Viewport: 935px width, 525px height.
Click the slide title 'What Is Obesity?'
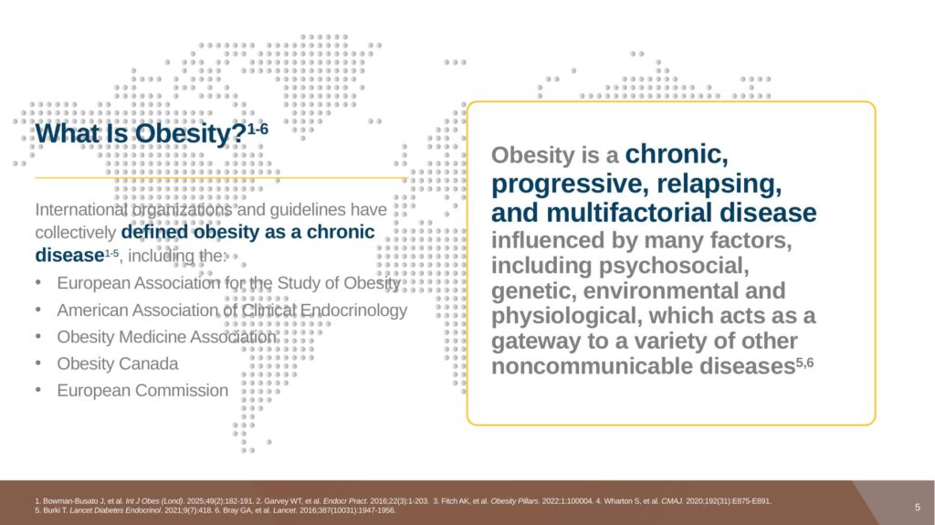click(x=141, y=133)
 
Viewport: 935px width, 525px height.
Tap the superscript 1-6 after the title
click(x=257, y=128)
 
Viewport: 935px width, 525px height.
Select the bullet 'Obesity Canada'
click(x=118, y=363)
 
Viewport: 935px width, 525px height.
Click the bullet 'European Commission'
click(x=142, y=390)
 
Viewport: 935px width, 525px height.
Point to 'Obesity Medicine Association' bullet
click(x=167, y=337)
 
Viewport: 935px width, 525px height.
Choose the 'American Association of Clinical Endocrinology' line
click(x=232, y=310)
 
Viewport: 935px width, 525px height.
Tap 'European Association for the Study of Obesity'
click(x=229, y=283)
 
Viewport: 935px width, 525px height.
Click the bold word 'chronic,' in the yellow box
click(x=677, y=154)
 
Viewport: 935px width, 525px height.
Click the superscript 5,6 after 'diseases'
click(x=804, y=362)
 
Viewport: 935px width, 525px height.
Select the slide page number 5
click(x=918, y=507)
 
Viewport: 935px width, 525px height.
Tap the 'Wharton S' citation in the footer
click(x=627, y=501)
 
